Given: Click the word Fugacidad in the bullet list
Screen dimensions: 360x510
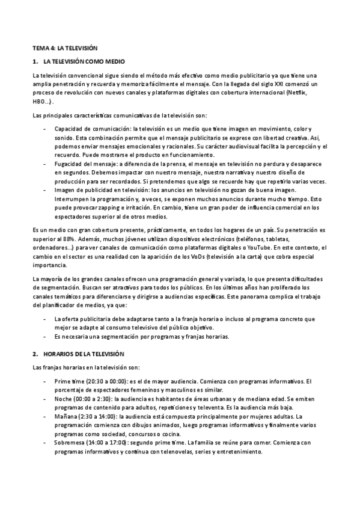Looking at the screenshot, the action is [68, 164].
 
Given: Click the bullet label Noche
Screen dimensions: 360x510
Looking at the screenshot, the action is [63, 399].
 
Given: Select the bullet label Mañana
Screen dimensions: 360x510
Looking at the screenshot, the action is [66, 416].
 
